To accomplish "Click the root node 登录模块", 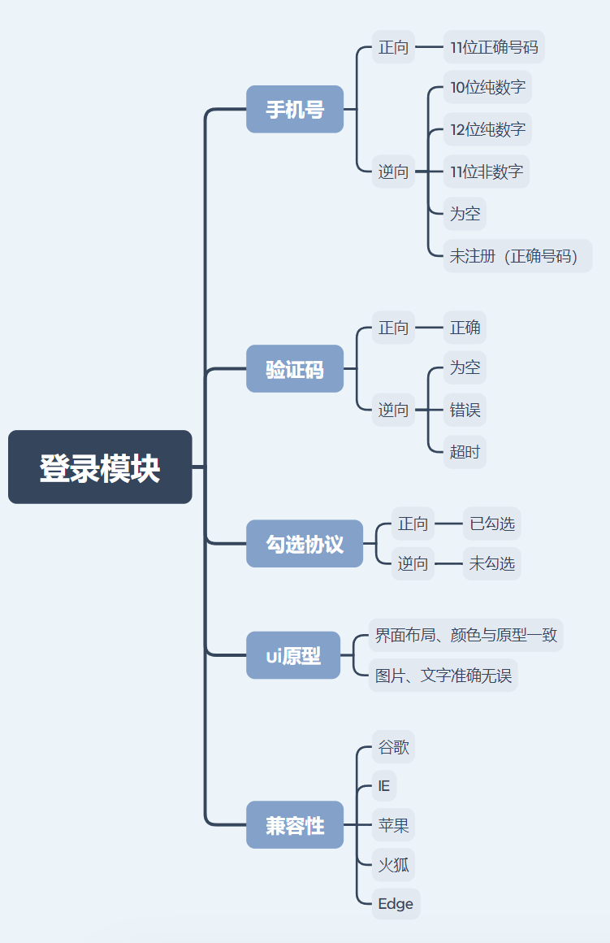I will coord(100,467).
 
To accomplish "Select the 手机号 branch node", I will coord(295,109).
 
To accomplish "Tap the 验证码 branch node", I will coord(295,369).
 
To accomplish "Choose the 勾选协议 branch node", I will coord(305,544).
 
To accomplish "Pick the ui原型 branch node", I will coord(293,655).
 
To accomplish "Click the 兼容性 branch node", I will coord(295,825).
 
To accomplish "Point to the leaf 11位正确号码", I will coord(494,47).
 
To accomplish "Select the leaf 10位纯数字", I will coord(487,87).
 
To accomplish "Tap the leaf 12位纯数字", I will coord(487,129).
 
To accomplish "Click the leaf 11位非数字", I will coord(487,172).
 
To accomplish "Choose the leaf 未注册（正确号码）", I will coord(517,256).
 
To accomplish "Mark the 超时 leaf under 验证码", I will coord(465,451).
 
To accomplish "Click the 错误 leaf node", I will coord(465,410).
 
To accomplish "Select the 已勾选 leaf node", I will coord(492,524).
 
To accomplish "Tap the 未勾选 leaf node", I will coord(492,563).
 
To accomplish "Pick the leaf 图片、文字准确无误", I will coord(443,676).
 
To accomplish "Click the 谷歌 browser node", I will coord(394,747).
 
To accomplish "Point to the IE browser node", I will coord(384,786).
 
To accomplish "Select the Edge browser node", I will coord(396,903).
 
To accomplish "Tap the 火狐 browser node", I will coord(394,864).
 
